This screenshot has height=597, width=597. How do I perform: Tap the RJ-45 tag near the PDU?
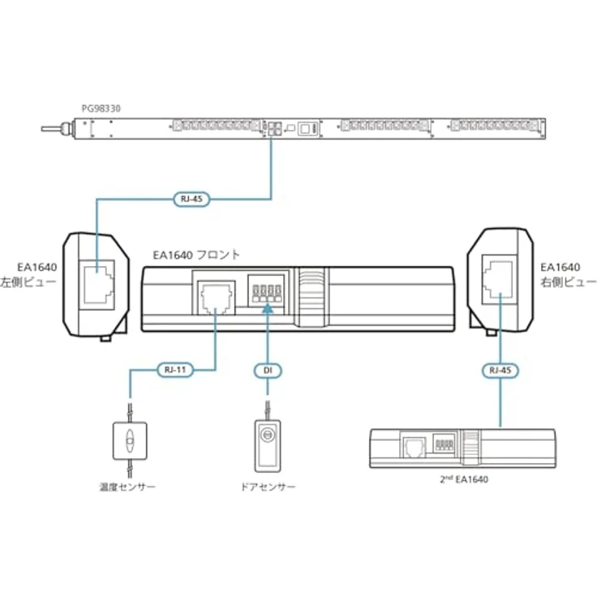(x=191, y=197)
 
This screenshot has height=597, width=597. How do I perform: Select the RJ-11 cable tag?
(x=172, y=371)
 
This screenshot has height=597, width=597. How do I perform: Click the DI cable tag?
(x=268, y=371)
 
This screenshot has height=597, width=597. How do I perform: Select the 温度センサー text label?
(x=127, y=487)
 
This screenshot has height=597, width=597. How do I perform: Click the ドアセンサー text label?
(x=268, y=487)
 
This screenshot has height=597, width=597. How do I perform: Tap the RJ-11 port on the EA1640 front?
(x=214, y=294)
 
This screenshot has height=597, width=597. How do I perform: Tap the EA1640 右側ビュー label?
(x=561, y=274)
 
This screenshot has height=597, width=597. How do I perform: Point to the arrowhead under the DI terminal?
(x=268, y=311)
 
